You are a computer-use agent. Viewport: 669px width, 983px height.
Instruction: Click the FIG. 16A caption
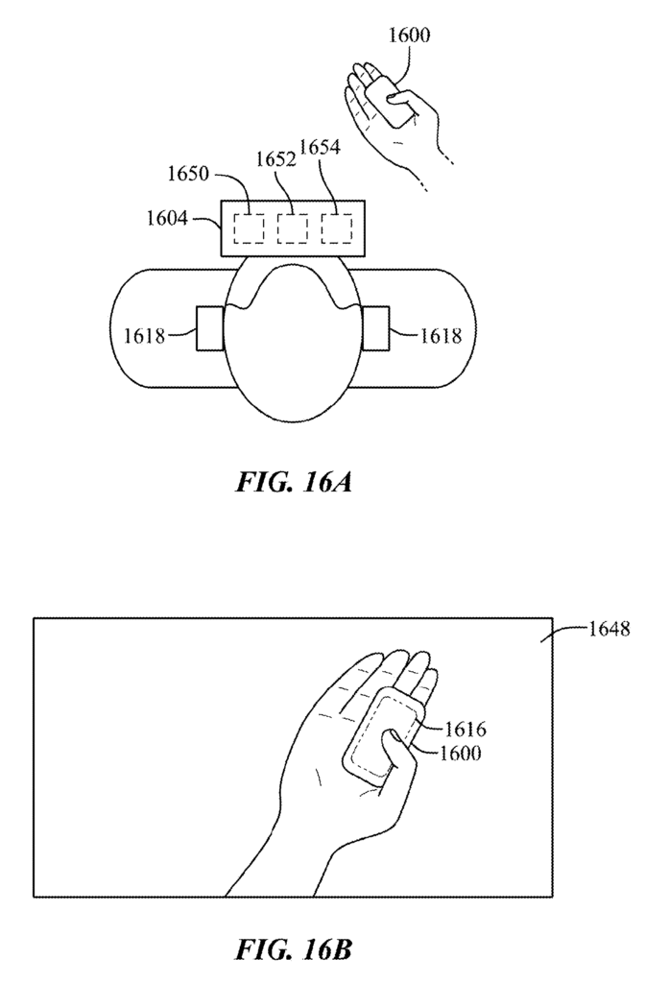(x=294, y=482)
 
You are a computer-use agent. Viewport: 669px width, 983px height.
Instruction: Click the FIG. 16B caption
(x=294, y=949)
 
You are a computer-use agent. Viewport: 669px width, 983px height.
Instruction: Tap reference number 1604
(x=167, y=218)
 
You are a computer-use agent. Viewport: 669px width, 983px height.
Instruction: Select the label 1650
(x=188, y=173)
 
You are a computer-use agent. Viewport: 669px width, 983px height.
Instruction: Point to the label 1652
(x=275, y=159)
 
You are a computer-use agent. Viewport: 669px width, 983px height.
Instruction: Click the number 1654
(x=320, y=147)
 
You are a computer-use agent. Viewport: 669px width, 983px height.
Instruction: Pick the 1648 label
(x=609, y=628)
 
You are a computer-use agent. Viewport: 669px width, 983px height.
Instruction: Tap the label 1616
(x=466, y=730)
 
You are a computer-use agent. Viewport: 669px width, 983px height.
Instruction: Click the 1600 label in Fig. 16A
(x=410, y=36)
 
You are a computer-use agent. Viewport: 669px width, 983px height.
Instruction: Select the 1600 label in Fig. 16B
(x=460, y=753)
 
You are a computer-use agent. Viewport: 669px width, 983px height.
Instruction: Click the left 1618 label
(x=144, y=336)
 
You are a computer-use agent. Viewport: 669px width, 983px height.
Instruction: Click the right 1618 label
(x=441, y=336)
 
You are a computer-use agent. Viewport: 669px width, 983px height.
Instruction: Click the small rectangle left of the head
(x=209, y=328)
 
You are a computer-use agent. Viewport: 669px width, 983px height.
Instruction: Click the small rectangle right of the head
(x=376, y=328)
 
